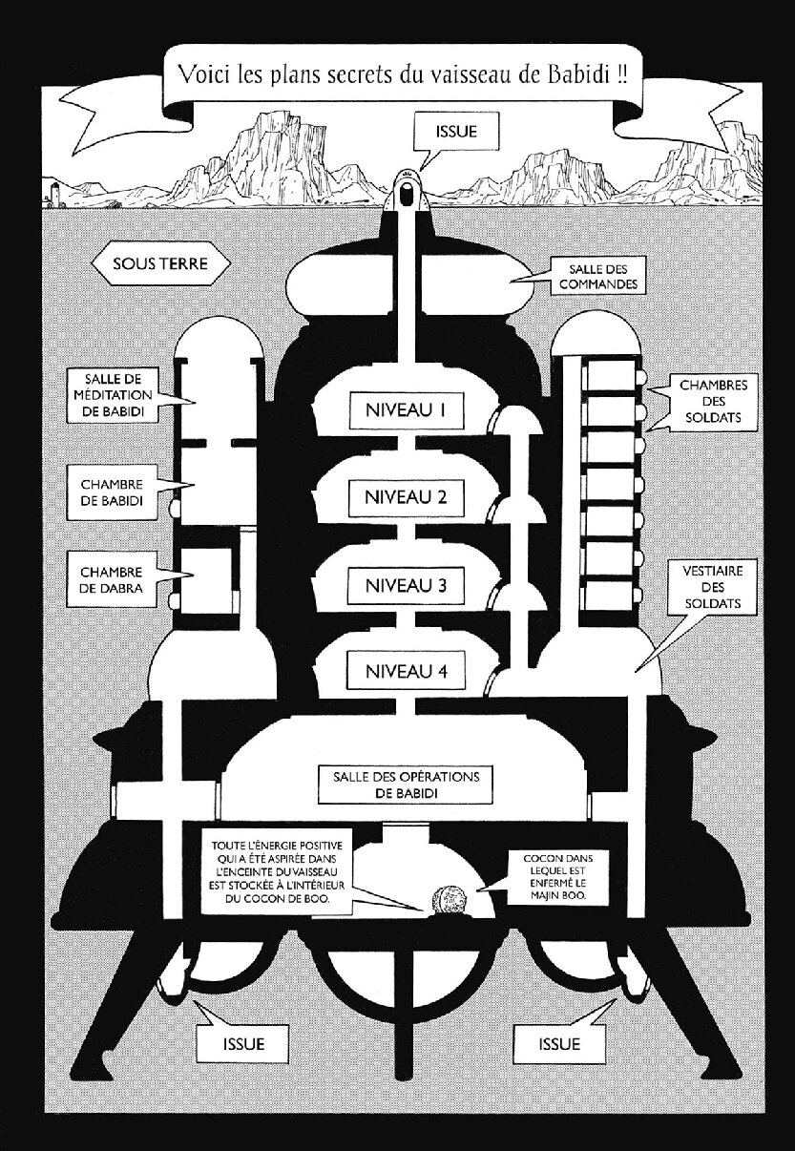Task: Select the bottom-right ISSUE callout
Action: [559, 1043]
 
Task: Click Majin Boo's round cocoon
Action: [448, 899]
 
